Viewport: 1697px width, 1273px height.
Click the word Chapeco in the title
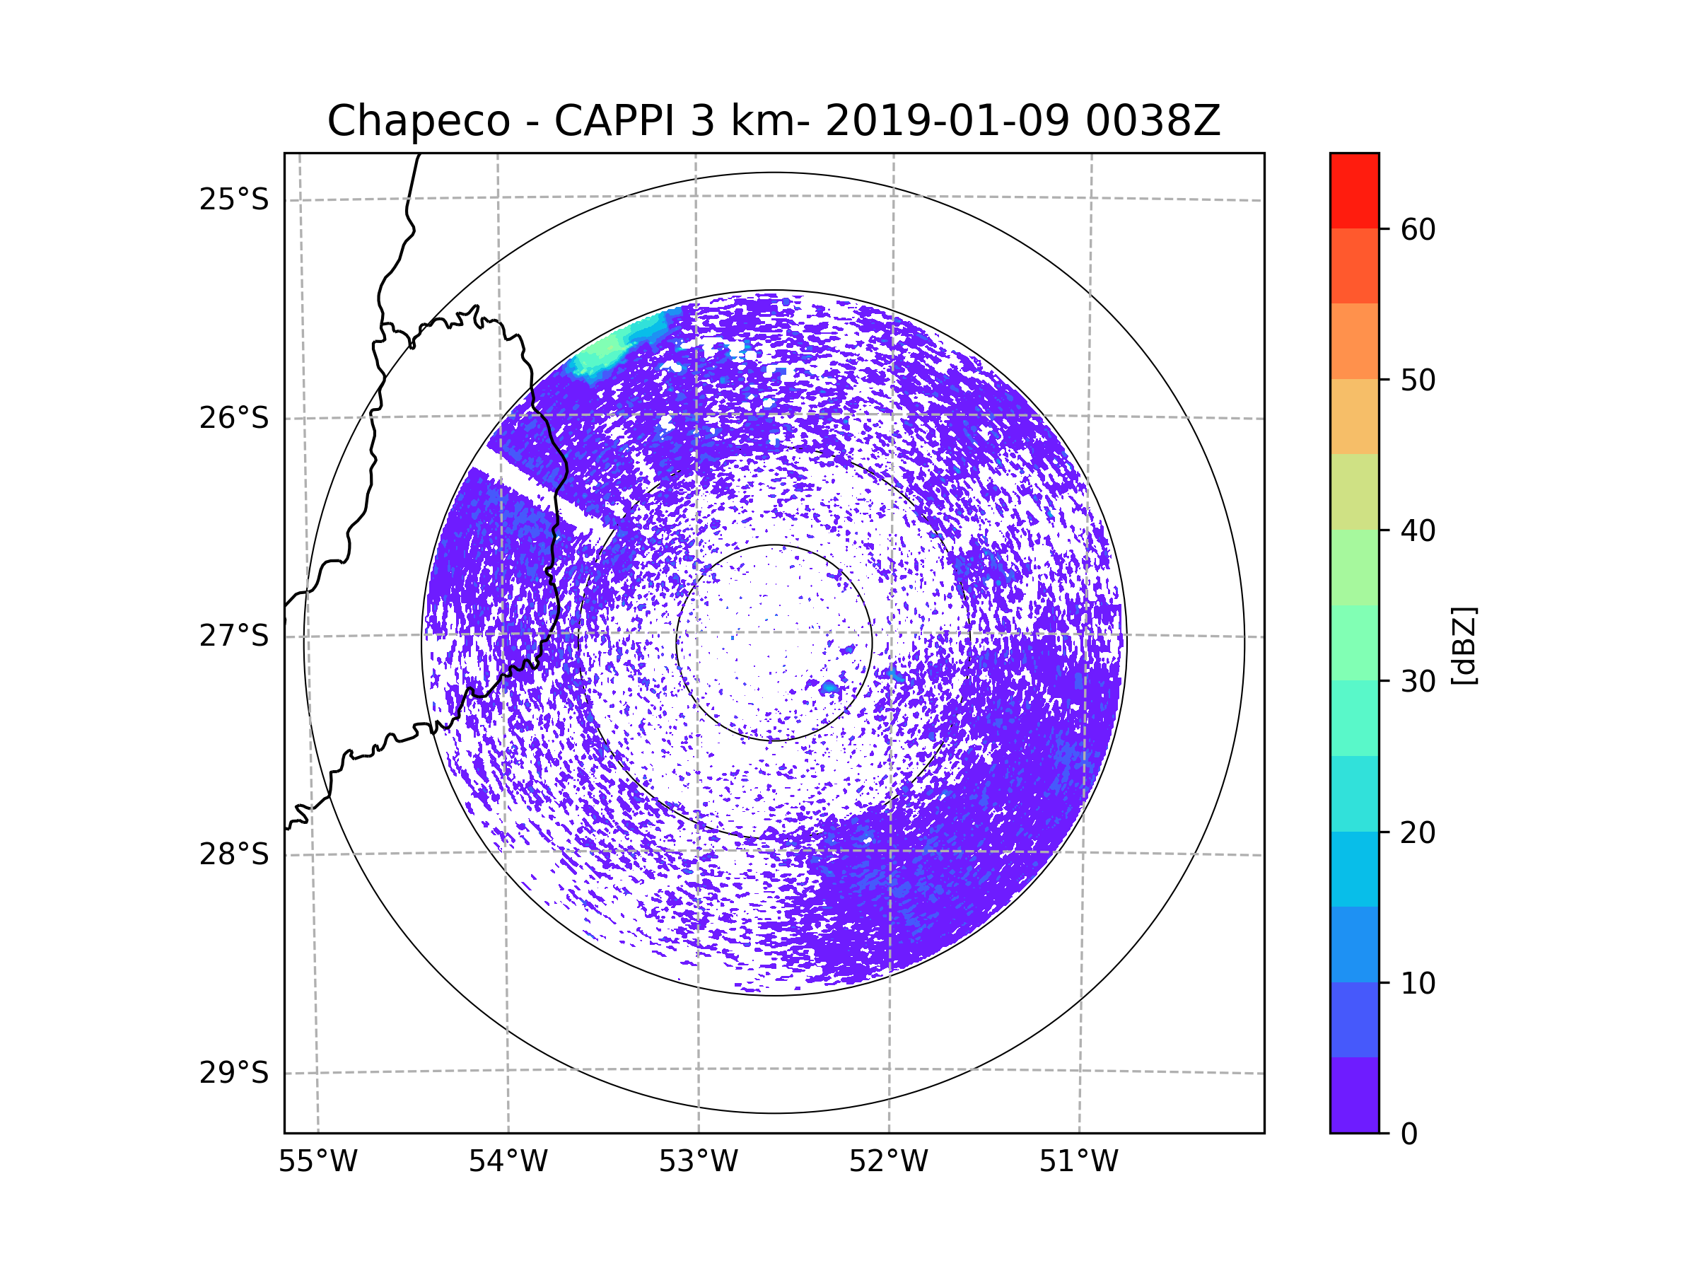click(x=418, y=121)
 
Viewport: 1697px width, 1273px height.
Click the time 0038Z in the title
click(x=1153, y=121)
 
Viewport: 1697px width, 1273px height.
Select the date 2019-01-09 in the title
click(x=947, y=121)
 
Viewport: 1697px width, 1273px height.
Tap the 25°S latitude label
click(x=234, y=199)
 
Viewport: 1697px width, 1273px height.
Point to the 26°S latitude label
click(x=234, y=418)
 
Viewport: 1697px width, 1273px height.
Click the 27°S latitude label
click(x=234, y=636)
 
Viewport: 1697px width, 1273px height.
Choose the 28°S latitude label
click(x=234, y=854)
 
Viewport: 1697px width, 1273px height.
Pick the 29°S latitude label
click(x=234, y=1073)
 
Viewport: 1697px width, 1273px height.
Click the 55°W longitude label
click(x=317, y=1162)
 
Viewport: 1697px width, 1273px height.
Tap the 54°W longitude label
click(x=508, y=1162)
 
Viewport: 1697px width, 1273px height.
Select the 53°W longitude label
click(x=698, y=1162)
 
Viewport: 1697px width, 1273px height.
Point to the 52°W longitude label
click(x=888, y=1162)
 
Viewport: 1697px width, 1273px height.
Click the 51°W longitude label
click(x=1078, y=1162)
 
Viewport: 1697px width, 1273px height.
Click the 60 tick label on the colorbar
click(x=1418, y=229)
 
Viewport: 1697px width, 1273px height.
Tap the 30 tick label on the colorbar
click(x=1418, y=681)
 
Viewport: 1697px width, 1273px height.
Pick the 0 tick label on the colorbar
click(x=1409, y=1134)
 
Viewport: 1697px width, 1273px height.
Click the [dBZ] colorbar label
click(x=1464, y=645)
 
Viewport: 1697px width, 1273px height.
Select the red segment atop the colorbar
click(x=1354, y=190)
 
